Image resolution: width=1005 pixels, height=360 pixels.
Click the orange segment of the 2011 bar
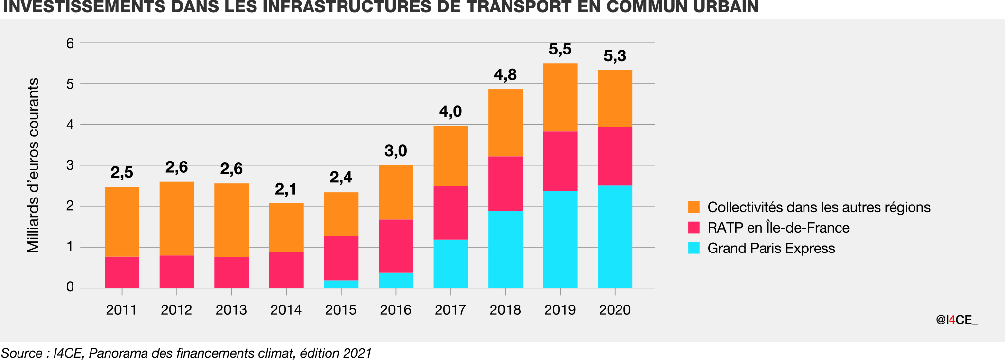point(122,222)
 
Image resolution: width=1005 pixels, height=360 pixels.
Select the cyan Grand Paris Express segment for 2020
point(615,236)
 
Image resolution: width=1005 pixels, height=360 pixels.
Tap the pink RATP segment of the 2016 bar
point(396,246)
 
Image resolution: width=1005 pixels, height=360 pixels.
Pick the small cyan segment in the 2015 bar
point(341,284)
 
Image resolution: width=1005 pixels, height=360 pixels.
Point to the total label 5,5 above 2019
point(560,50)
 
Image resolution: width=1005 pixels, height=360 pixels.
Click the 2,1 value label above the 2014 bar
point(286,189)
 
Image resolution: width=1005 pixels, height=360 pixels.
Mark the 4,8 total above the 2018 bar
point(505,75)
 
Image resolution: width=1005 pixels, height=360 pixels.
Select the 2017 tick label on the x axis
point(450,310)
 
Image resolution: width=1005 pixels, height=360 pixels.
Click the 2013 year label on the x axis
point(231,310)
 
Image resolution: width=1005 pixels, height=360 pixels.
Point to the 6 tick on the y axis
point(70,43)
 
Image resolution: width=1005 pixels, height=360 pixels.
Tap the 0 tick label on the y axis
point(70,287)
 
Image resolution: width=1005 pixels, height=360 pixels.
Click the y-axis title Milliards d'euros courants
point(33,165)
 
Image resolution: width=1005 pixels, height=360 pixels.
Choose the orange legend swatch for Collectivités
point(694,207)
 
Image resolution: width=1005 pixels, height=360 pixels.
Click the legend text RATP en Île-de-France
point(778,228)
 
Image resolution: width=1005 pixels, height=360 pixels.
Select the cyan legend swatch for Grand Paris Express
point(694,248)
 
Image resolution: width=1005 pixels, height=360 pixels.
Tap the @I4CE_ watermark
point(956,320)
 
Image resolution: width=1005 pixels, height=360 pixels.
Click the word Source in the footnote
point(21,353)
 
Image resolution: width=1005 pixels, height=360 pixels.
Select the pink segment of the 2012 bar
point(176,271)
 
